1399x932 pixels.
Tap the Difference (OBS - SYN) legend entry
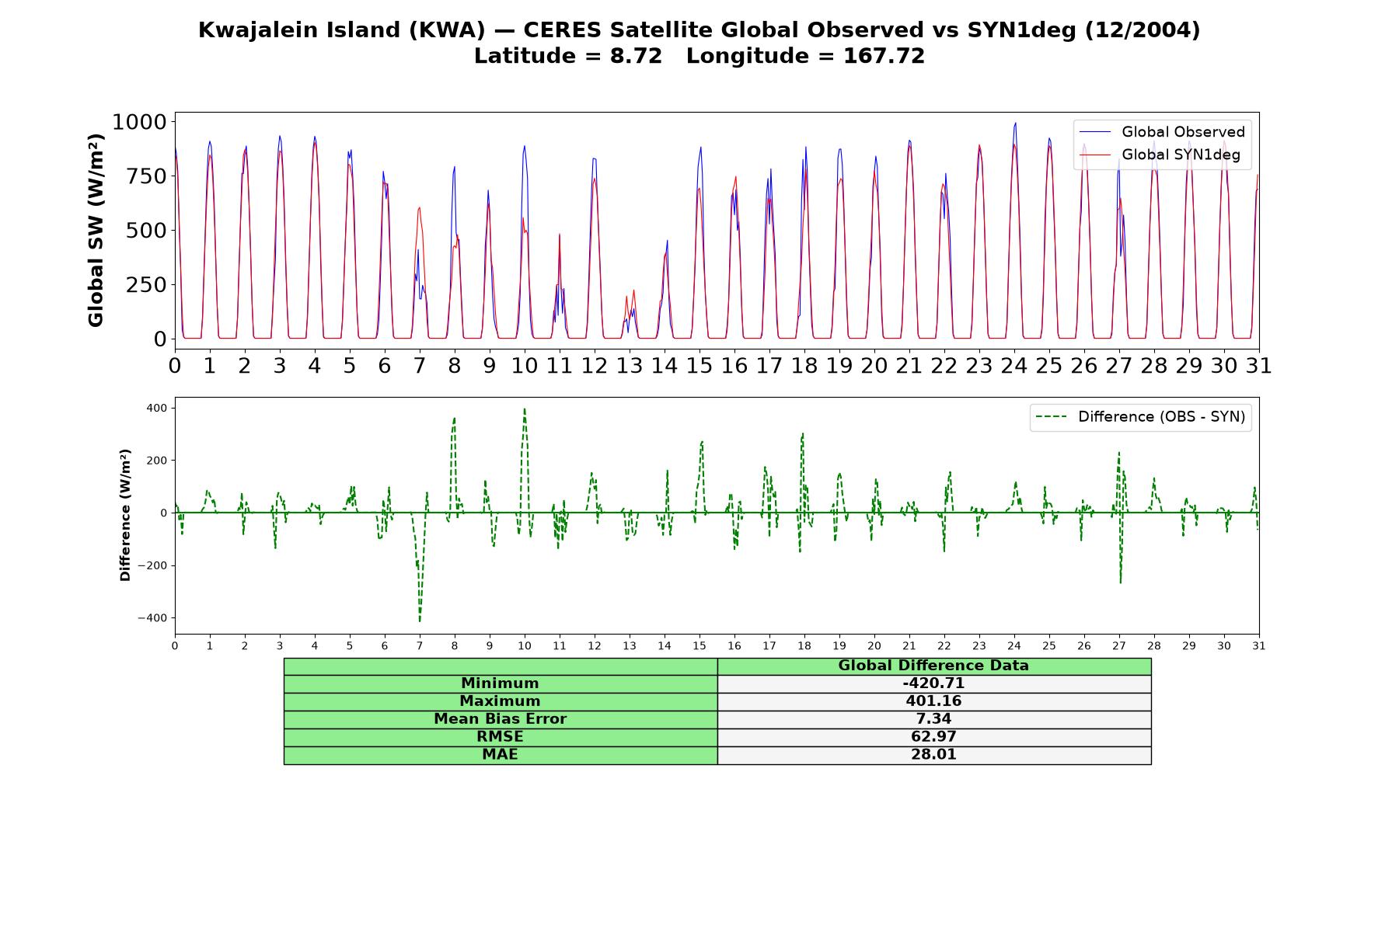coord(1140,417)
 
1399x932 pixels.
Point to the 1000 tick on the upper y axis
coord(139,122)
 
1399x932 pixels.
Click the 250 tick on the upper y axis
coord(146,285)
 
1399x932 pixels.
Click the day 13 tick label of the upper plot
coord(630,366)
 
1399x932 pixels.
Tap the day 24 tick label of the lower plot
coord(1014,646)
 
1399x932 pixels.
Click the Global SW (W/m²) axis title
coord(96,231)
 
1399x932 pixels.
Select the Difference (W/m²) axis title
coord(125,515)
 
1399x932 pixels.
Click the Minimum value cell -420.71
coord(933,683)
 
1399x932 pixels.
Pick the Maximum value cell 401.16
coord(933,701)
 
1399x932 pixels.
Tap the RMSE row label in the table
coord(500,737)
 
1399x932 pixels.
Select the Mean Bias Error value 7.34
coord(933,719)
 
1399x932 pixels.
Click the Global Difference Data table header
coord(933,666)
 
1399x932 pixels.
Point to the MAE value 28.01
coord(933,755)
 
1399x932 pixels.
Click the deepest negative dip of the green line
coord(420,621)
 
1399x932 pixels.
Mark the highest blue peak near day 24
coord(1015,123)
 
